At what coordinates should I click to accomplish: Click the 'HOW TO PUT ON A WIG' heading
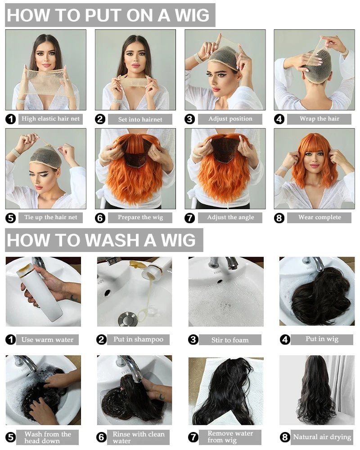point(108,15)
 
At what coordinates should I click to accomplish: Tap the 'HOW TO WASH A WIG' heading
point(101,240)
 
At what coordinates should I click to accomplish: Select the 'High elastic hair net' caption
point(50,118)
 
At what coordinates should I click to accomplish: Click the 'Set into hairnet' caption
point(140,119)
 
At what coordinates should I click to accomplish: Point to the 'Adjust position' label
point(230,119)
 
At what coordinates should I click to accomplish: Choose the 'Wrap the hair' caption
point(319,118)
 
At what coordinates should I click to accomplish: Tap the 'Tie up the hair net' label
point(50,217)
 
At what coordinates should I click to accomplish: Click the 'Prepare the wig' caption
point(140,217)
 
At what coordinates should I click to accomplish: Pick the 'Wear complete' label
point(319,217)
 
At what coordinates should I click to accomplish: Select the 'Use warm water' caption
point(47,340)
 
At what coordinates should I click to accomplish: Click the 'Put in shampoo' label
point(138,339)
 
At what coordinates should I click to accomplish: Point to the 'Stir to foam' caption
point(230,340)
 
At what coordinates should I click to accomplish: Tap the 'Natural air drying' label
point(322,437)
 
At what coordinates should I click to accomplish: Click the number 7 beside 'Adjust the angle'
point(189,218)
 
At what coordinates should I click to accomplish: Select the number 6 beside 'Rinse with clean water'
point(101,437)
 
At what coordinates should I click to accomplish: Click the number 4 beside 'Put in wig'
point(285,340)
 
